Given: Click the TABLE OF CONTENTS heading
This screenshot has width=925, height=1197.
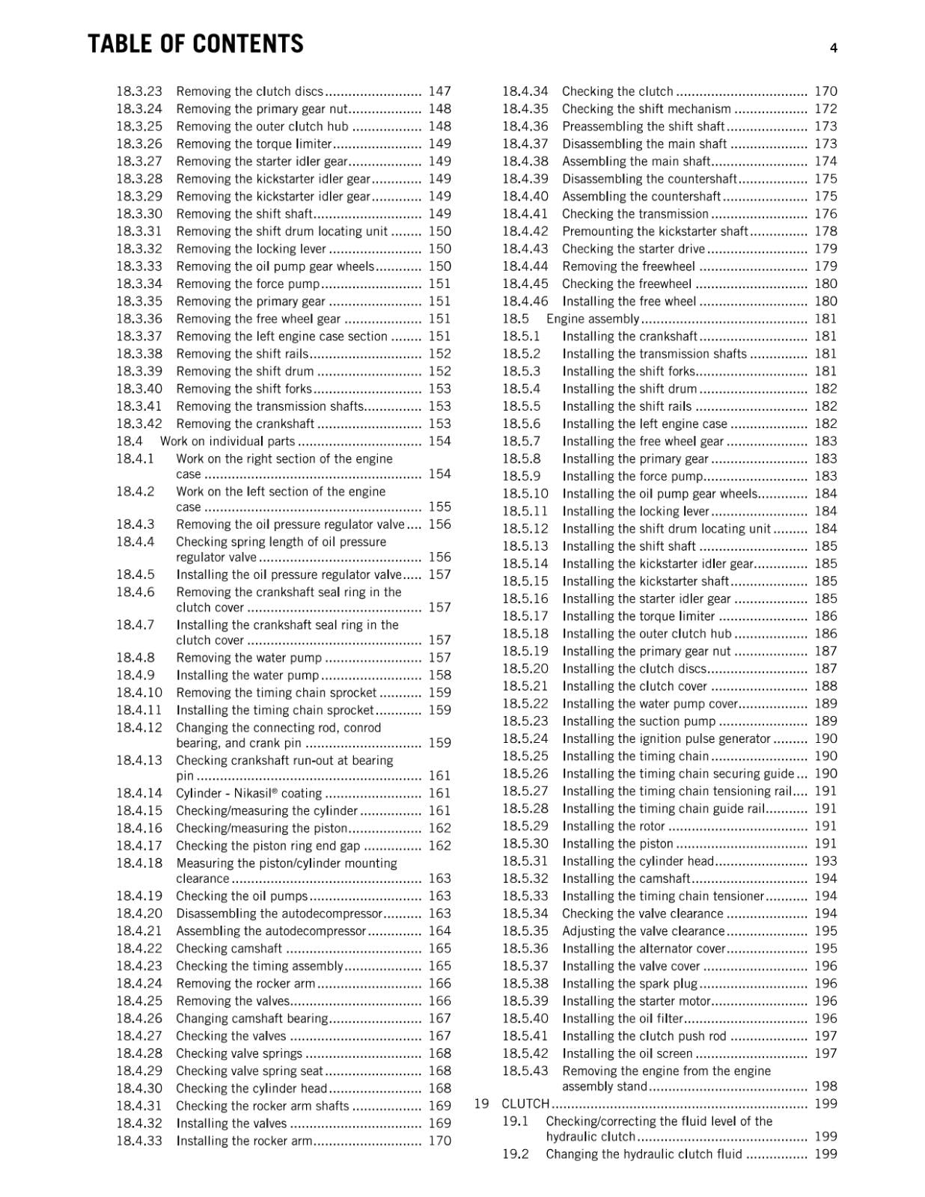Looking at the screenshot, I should [195, 44].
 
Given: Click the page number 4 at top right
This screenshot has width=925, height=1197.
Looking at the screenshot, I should [833, 49].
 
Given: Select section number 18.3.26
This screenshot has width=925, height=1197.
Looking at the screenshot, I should [138, 144].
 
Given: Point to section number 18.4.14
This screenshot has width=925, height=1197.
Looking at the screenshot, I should [138, 793].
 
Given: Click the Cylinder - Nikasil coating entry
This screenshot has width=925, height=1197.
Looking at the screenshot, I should [248, 793].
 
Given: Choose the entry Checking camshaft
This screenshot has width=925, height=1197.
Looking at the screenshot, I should [229, 949].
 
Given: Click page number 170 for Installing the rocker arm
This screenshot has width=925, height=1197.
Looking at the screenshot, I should [439, 1141].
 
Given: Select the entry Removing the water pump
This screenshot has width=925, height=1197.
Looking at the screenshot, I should [248, 658].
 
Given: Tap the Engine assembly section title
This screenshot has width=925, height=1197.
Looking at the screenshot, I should [593, 319].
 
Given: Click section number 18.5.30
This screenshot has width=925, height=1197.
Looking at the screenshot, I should [525, 843].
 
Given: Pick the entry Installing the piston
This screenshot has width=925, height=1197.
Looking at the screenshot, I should [617, 843].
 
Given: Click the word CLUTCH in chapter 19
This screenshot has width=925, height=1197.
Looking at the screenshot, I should [525, 1103].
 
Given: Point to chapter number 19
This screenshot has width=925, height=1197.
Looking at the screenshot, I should [482, 1103].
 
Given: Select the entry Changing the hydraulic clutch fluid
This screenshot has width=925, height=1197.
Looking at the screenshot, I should [644, 1154].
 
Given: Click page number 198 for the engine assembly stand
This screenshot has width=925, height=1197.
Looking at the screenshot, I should [825, 1086].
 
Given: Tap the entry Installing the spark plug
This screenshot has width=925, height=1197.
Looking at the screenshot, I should [629, 984].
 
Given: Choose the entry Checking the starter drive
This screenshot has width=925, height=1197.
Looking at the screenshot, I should [633, 249].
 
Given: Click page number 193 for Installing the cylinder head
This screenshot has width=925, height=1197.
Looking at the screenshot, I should [825, 861].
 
